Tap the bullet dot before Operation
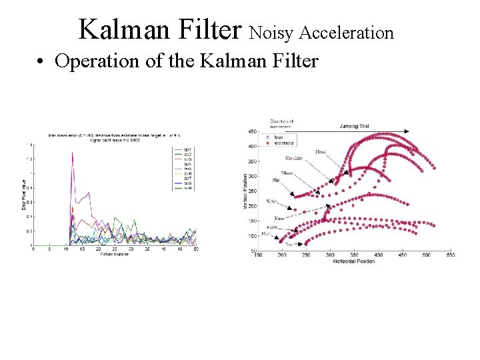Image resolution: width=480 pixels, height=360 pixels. pos(42,63)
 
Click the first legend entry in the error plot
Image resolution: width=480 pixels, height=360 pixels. pos(188,149)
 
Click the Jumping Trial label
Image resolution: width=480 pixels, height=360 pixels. pos(354,125)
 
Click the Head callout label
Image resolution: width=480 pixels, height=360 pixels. pos(321,151)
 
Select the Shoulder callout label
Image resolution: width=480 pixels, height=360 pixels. pos(293,159)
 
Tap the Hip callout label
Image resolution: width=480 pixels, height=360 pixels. pos(275,180)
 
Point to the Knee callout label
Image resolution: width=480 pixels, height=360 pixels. pos(281,218)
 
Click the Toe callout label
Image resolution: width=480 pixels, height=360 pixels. pos(289,245)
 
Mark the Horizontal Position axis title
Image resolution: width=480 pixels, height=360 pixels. pos(355,261)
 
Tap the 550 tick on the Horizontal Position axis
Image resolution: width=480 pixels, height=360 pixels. pos(451,255)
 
